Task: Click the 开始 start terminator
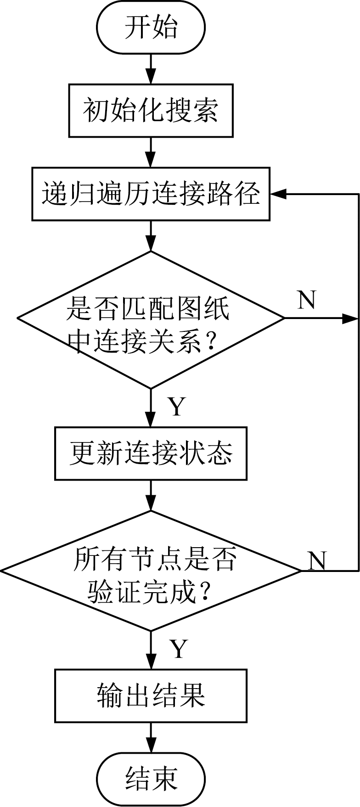click(x=151, y=28)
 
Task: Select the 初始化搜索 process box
click(x=151, y=110)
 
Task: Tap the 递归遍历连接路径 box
click(x=151, y=194)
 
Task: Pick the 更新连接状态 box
click(x=151, y=454)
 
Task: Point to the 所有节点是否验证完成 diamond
click(x=151, y=571)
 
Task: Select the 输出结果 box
click(x=151, y=695)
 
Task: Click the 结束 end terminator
click(x=151, y=779)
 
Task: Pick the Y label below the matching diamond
click(x=177, y=407)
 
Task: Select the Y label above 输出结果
click(x=179, y=649)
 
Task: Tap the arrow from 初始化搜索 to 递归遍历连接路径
click(x=151, y=152)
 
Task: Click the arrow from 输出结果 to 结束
click(x=151, y=737)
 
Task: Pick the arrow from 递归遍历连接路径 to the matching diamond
click(x=151, y=236)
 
